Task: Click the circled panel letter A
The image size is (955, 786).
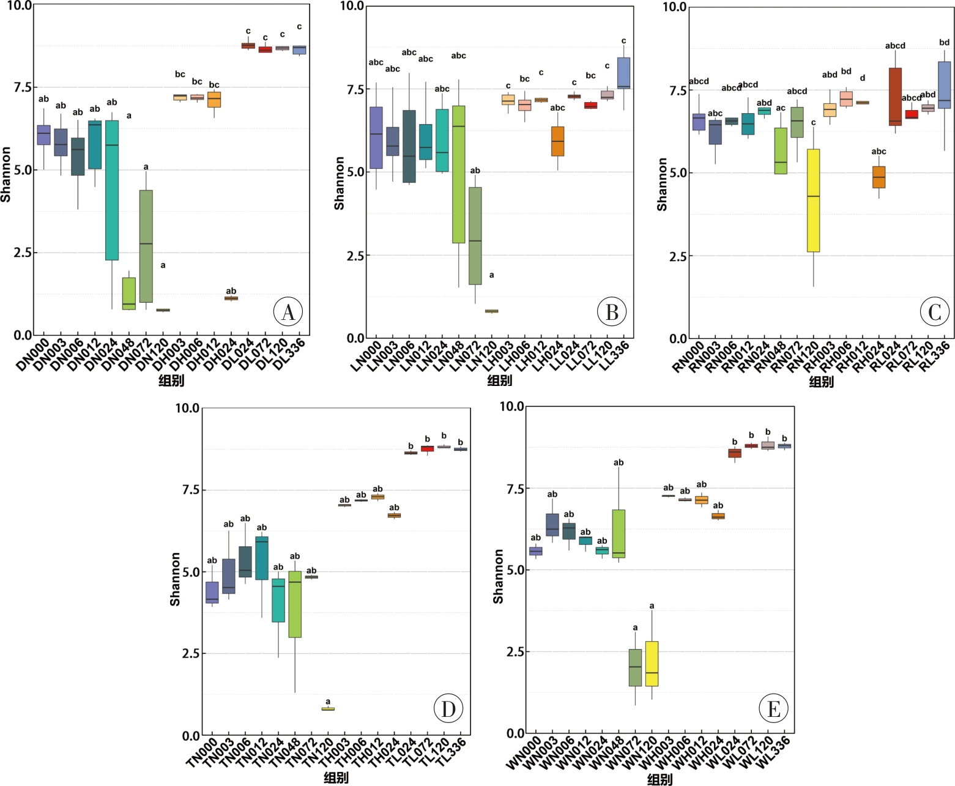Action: (288, 312)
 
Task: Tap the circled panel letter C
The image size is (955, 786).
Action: (934, 313)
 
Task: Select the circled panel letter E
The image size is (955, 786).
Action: (773, 710)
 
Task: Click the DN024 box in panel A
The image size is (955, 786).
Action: (112, 190)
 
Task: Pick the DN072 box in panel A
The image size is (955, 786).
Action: (146, 246)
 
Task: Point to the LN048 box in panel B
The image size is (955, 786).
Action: (459, 174)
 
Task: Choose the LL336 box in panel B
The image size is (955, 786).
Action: (623, 73)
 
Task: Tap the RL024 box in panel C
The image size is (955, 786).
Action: (895, 97)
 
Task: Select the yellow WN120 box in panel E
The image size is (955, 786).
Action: (652, 664)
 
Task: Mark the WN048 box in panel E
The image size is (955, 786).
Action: (619, 533)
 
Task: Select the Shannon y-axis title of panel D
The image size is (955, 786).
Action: (176, 579)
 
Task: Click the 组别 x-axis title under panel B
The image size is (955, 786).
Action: (499, 380)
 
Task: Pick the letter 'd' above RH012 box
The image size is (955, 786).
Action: (863, 78)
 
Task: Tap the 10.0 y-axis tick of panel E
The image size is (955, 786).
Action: (512, 407)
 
